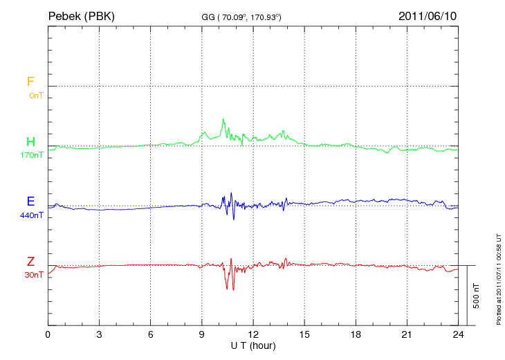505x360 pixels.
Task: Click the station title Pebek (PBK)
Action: [81, 15]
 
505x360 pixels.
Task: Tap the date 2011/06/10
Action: [428, 15]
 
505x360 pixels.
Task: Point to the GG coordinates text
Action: [241, 17]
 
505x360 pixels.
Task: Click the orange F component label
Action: [30, 82]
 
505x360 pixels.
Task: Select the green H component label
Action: [30, 142]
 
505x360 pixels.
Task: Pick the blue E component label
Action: [30, 201]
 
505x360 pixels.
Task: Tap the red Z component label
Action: [30, 262]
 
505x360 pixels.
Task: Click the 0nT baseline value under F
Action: [35, 96]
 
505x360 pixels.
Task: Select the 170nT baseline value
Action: [32, 155]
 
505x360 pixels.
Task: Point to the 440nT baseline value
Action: [32, 215]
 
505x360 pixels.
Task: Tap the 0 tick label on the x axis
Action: [48, 334]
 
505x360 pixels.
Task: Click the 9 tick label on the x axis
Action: [202, 334]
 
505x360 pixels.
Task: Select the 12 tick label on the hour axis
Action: [253, 334]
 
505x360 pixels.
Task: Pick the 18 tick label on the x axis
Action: [356, 334]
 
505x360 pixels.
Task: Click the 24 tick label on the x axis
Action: [458, 334]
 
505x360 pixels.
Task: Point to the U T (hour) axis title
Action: [253, 345]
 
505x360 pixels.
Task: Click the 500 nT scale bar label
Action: [476, 296]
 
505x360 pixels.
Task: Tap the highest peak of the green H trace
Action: [223, 119]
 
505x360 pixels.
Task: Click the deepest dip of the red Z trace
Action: [233, 290]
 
